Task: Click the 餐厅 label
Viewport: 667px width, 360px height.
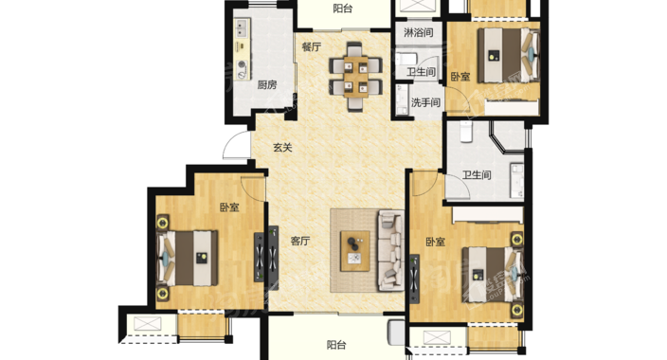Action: pos(312,46)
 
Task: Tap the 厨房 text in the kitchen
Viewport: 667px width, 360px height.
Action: pos(267,85)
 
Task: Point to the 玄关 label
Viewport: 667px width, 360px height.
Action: pos(282,148)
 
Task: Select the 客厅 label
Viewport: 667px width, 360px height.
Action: pos(300,242)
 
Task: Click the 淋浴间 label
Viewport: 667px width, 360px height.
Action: pos(418,32)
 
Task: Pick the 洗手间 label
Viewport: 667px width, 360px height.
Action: pos(425,102)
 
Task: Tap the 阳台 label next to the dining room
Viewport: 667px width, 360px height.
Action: pos(342,9)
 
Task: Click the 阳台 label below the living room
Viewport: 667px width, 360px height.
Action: pos(336,345)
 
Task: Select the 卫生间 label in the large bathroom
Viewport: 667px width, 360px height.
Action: pos(477,175)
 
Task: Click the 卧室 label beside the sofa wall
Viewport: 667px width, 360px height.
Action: pos(436,243)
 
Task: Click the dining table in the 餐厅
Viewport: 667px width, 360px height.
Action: pos(355,77)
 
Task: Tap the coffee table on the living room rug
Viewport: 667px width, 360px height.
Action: pos(354,251)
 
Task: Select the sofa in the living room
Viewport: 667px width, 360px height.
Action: pos(390,250)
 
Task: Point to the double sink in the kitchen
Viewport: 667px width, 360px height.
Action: pos(242,28)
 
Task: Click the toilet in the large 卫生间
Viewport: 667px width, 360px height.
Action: pos(466,131)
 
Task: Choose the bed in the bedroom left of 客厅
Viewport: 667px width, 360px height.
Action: pos(188,259)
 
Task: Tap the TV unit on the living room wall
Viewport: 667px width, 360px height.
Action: pos(273,259)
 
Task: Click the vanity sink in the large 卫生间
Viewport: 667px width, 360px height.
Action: pos(517,181)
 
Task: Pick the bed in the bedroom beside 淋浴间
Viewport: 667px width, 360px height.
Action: pos(509,55)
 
